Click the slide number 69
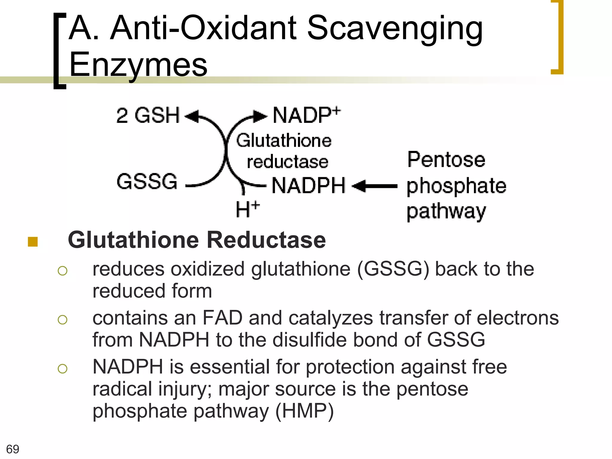(13, 449)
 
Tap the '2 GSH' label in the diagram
(148, 115)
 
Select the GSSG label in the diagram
(147, 181)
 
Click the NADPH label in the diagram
(308, 186)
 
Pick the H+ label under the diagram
(247, 209)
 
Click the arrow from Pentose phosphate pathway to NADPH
(375, 186)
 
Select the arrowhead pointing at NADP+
(260, 116)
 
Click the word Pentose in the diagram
(446, 160)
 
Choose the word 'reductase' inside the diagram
(287, 162)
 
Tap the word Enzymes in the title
(138, 65)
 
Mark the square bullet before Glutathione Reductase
(33, 242)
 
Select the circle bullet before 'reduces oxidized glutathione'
(62, 271)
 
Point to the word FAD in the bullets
(222, 318)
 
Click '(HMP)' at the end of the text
(304, 411)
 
